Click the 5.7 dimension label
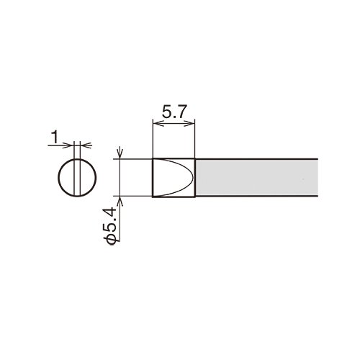[174, 112]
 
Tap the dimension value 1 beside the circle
[55, 138]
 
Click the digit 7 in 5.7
[182, 112]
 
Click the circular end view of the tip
[77, 178]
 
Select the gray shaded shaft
[257, 178]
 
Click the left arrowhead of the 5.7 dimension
[157, 124]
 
